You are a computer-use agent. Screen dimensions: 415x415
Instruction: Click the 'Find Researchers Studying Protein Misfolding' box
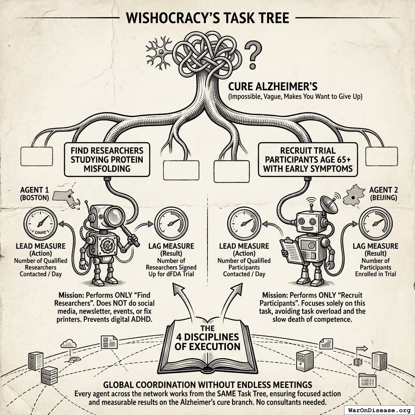[106, 160]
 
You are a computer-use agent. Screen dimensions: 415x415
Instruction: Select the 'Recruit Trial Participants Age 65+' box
[308, 160]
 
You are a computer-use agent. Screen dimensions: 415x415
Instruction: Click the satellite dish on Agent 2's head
[329, 204]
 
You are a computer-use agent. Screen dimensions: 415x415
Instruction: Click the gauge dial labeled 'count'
[40, 224]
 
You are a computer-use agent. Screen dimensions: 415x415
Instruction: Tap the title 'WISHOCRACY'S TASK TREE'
[207, 18]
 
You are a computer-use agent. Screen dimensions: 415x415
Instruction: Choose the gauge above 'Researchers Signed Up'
[169, 224]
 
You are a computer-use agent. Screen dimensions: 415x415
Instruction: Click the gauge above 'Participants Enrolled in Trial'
[375, 224]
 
